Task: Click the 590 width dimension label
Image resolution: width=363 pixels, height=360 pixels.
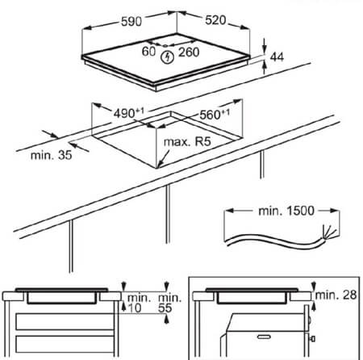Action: pos(131,21)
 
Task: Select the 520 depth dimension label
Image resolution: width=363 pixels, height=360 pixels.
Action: pos(215,20)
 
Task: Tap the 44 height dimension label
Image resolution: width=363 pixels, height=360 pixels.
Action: pos(277,57)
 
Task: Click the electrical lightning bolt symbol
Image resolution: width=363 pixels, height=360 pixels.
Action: pos(167,57)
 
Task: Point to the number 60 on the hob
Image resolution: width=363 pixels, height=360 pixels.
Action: pos(148,52)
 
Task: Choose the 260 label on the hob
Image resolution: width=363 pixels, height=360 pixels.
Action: pos(189,52)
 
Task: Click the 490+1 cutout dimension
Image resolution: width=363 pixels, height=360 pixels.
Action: pos(128,113)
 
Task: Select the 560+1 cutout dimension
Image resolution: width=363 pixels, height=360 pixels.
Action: pos(215,115)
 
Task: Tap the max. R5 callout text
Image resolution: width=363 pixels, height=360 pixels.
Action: pos(187,141)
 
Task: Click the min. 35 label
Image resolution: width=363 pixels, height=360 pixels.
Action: pos(51,155)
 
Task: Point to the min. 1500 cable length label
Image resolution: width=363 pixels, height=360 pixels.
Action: pos(286,211)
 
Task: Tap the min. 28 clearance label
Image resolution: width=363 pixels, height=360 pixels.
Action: pos(336,295)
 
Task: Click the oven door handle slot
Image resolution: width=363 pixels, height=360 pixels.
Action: pos(264,337)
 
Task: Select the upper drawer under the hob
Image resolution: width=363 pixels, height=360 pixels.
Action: pos(65,321)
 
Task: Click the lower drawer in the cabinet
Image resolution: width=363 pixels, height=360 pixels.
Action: pos(65,344)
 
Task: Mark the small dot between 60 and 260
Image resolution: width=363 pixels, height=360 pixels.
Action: pos(165,46)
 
